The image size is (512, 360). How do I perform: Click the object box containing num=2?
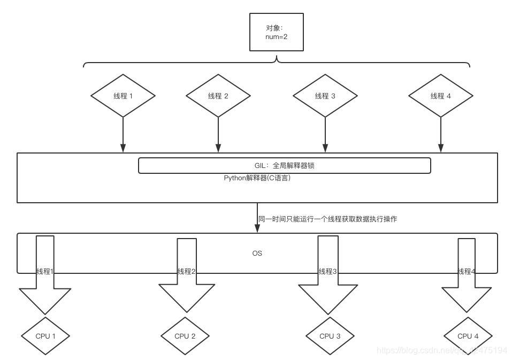click(277, 32)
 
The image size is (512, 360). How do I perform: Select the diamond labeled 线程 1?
click(123, 96)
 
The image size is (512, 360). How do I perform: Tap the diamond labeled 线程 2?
click(218, 96)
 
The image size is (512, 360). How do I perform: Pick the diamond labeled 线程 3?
click(325, 96)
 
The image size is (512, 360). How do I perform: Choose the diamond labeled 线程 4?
click(440, 96)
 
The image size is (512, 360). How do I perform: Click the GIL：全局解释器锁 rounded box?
click(284, 166)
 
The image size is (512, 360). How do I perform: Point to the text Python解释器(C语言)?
click(257, 178)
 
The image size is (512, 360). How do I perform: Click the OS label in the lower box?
click(257, 253)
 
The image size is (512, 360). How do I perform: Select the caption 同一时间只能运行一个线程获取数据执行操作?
click(327, 219)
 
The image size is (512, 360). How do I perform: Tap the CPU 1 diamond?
click(45, 336)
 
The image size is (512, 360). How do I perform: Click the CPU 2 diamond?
click(185, 336)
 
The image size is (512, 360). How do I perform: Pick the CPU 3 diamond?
click(330, 336)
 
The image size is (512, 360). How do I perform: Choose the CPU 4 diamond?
click(468, 336)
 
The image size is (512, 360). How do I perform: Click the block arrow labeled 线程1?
click(45, 278)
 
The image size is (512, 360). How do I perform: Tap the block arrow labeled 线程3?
click(327, 278)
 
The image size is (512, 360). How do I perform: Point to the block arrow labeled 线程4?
click(467, 278)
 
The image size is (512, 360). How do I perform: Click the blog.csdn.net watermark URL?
click(442, 350)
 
